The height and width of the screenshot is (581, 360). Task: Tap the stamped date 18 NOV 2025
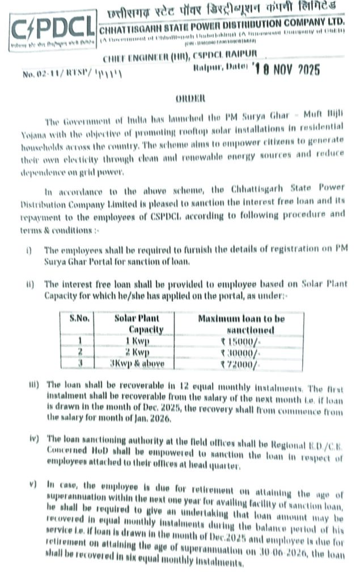[287, 70]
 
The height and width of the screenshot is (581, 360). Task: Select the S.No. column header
[80, 319]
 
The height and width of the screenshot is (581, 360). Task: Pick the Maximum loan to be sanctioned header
[241, 324]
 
